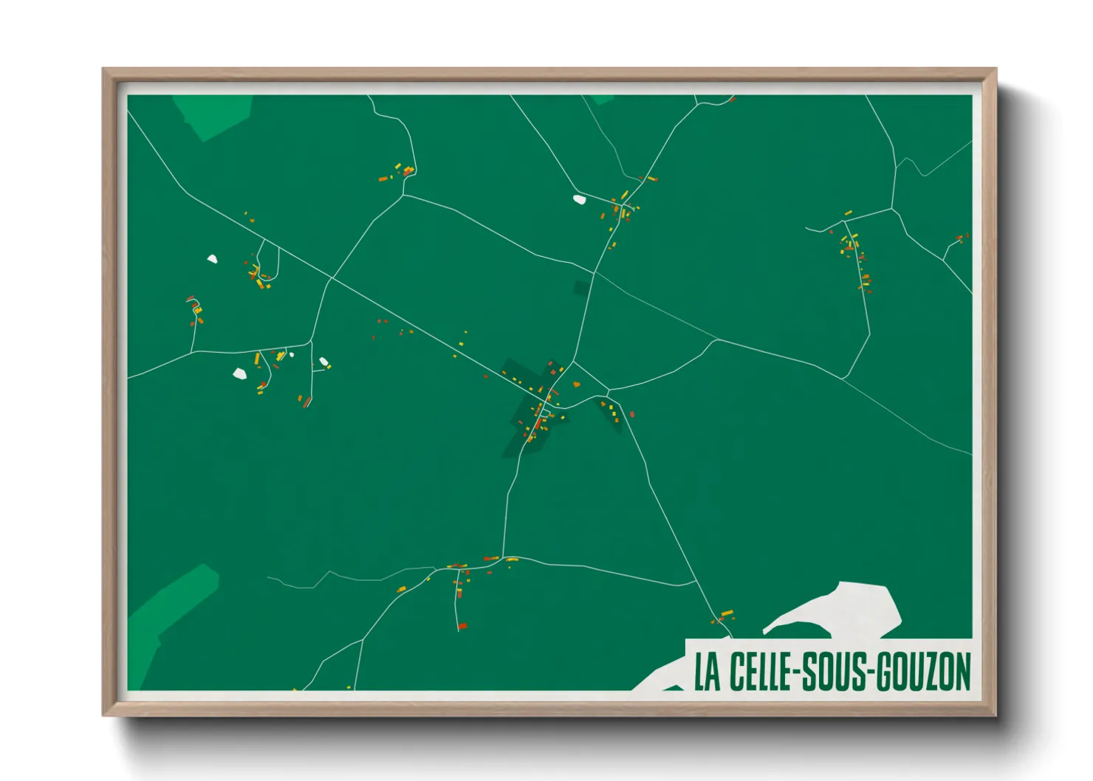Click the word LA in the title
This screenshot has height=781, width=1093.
point(707,672)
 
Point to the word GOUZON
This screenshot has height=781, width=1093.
point(923,672)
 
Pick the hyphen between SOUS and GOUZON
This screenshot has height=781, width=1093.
point(869,673)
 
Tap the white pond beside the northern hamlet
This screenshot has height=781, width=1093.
point(580,199)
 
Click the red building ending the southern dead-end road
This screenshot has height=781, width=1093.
point(462,626)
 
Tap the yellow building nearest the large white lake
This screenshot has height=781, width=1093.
point(727,613)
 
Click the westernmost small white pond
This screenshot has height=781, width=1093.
point(213,259)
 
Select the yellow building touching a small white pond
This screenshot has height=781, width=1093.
point(327,364)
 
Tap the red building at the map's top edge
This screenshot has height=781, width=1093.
point(731,98)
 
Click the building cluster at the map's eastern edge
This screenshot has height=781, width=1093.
point(961,238)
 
